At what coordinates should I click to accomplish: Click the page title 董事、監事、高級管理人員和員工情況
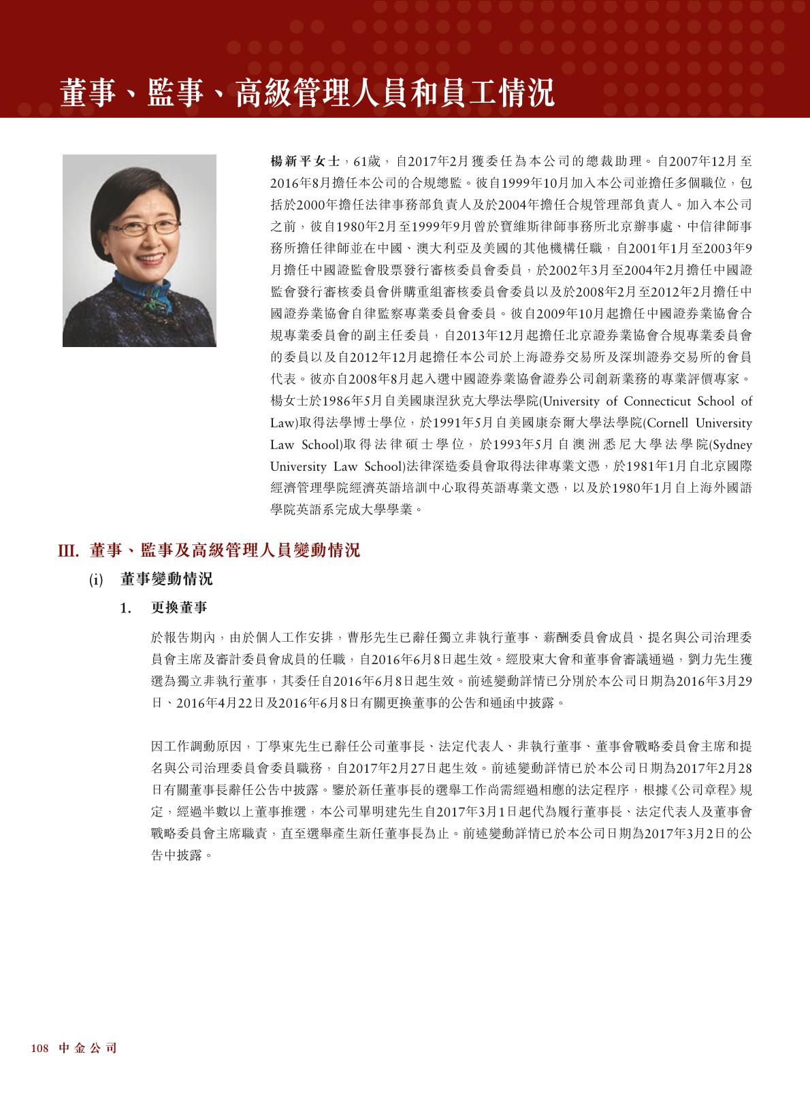coord(307,93)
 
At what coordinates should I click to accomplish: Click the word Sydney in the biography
coord(731,444)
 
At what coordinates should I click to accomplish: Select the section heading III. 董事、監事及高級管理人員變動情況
coord(208,551)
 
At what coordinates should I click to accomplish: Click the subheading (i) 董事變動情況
coord(151,579)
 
